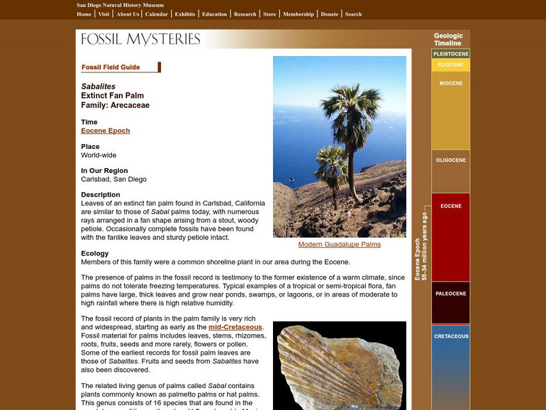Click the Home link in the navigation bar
coord(84,14)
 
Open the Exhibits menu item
coord(184,14)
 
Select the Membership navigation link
coord(298,14)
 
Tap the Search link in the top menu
coord(354,14)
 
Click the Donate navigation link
coord(329,14)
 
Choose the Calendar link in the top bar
coord(157,14)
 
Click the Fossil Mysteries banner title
coord(141,39)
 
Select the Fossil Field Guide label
coord(111,67)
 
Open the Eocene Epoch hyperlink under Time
coord(105,131)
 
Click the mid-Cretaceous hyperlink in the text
coord(235,327)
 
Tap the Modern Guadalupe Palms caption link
coord(339,244)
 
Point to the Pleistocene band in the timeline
coord(450,53)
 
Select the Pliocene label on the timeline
coord(450,65)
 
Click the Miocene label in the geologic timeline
coord(450,84)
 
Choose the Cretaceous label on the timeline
coord(450,336)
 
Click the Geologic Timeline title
coord(448,40)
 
